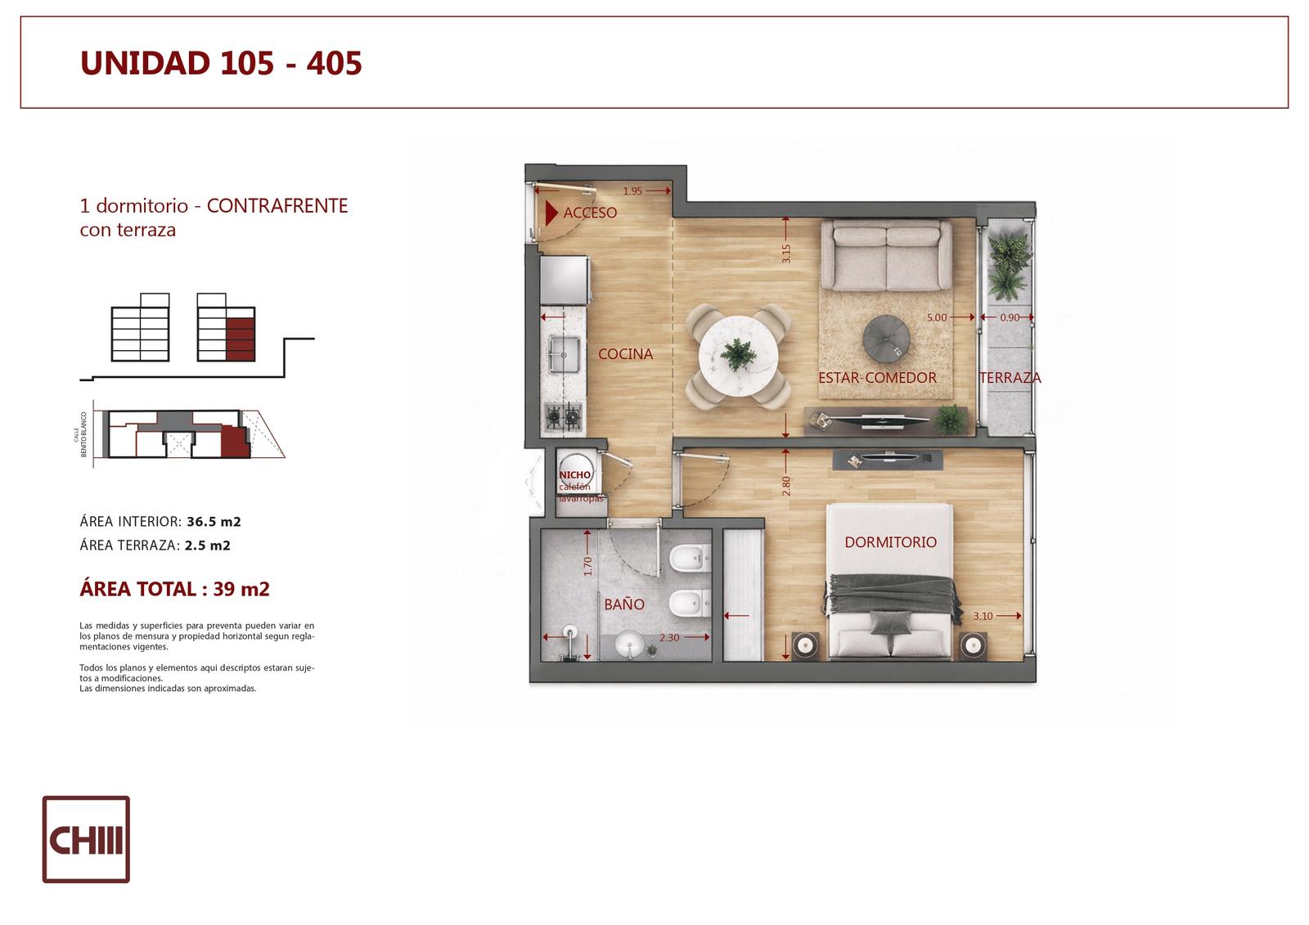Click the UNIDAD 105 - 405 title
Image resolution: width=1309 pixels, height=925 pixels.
[221, 63]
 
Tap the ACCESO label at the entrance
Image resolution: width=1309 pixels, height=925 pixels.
[590, 213]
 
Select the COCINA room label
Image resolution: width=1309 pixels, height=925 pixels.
[625, 354]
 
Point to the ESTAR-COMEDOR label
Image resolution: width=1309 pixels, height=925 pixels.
[877, 378]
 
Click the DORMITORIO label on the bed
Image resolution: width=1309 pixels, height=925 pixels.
[891, 542]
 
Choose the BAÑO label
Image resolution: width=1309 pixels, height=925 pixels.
[624, 604]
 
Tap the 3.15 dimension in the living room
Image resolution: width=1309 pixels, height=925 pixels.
[786, 254]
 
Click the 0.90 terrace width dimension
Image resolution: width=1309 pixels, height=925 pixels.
[1010, 317]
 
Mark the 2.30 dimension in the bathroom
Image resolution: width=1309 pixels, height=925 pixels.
[669, 637]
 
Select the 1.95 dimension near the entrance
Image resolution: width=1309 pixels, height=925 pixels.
[632, 191]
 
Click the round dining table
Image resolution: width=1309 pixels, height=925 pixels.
[738, 356]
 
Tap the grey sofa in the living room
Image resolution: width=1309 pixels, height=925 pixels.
[887, 255]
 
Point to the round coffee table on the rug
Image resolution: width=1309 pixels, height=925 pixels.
[886, 339]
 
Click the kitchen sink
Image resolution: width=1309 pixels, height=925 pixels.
[564, 355]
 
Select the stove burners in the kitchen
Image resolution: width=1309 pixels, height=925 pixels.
[564, 416]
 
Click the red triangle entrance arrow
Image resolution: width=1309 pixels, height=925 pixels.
[551, 213]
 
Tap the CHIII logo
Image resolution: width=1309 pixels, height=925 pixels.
[86, 839]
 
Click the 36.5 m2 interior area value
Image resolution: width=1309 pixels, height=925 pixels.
[214, 522]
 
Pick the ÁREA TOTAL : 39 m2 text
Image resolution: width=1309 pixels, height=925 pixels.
[175, 588]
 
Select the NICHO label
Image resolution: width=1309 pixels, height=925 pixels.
[575, 475]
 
